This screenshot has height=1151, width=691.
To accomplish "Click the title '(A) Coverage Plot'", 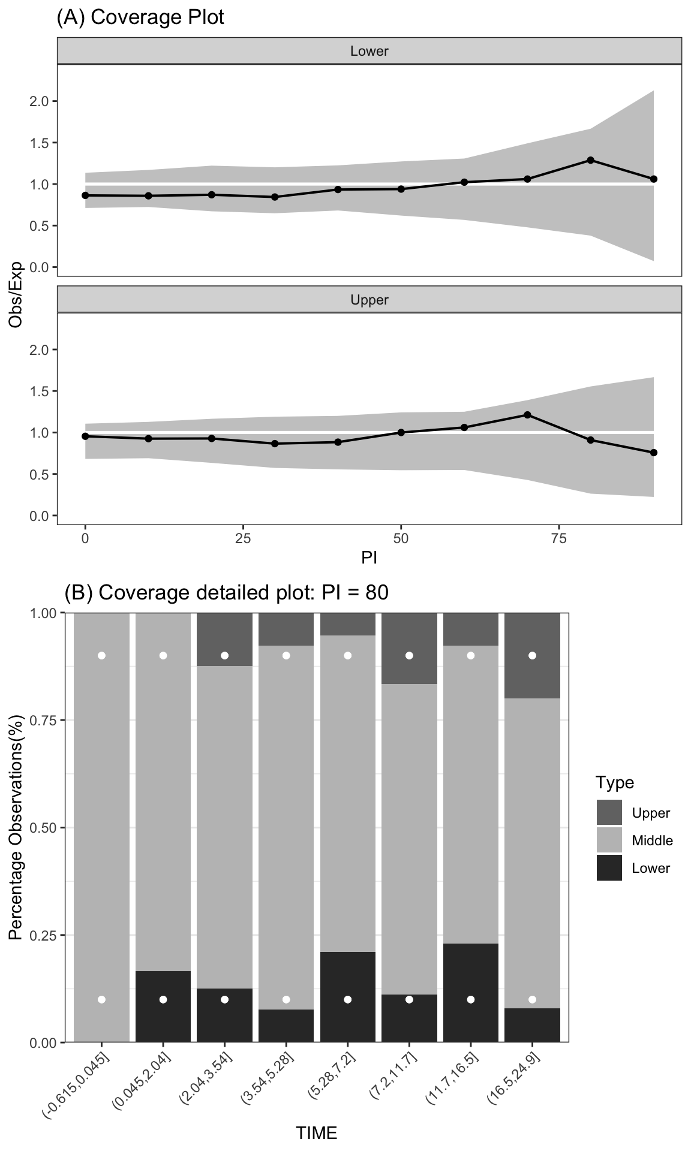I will (x=140, y=17).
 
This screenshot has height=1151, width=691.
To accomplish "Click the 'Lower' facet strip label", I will (x=369, y=51).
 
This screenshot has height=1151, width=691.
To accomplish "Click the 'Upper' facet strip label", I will (x=369, y=300).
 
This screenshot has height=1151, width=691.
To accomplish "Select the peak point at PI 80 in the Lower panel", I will (x=591, y=160).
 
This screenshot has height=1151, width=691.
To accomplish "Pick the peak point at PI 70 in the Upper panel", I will (x=527, y=415).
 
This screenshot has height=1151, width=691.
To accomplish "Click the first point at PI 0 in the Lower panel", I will (x=85, y=195).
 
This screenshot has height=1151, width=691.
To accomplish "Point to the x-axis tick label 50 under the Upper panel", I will (x=401, y=538).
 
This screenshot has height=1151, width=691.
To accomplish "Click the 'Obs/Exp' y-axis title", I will (x=16, y=294).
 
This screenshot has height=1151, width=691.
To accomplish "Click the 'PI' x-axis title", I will (x=369, y=558).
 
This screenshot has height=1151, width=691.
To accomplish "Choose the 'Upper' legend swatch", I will (x=609, y=813).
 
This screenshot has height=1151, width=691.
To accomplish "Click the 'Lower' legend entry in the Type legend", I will (x=650, y=868).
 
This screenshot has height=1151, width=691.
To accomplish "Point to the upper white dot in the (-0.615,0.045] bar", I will (x=101, y=656).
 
